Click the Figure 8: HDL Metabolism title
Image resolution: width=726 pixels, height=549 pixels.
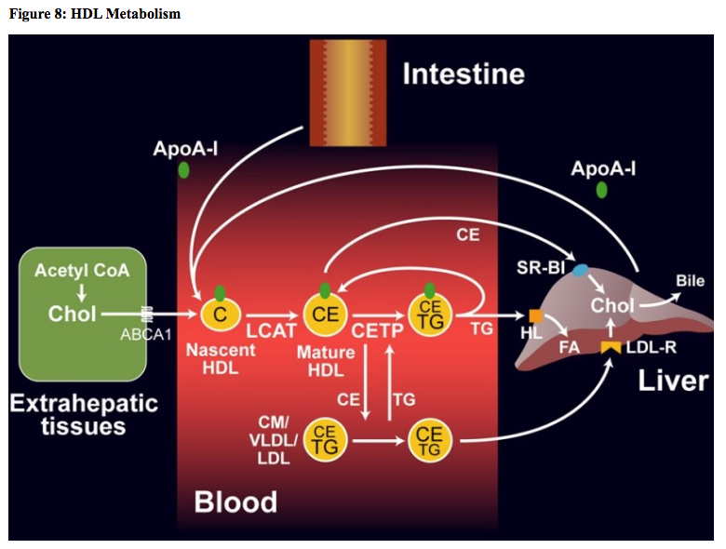(x=94, y=14)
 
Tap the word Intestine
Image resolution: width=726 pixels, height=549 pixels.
(x=463, y=74)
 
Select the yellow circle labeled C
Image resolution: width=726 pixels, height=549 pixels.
(x=220, y=315)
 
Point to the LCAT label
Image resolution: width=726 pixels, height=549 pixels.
(x=271, y=329)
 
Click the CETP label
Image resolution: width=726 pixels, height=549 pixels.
(x=377, y=329)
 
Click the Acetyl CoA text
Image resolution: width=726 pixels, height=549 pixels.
(x=82, y=271)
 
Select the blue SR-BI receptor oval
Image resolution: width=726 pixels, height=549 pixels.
(x=581, y=270)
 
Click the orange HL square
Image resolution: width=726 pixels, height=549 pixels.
(x=535, y=315)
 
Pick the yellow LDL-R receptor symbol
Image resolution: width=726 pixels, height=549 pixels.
(x=611, y=347)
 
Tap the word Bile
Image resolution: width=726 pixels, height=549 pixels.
(x=690, y=281)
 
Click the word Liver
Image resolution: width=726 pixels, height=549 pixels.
(x=673, y=381)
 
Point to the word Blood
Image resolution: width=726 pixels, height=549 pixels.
(x=235, y=502)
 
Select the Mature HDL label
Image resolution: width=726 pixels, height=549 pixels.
(x=325, y=361)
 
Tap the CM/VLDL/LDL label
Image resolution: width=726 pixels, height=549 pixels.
(x=276, y=440)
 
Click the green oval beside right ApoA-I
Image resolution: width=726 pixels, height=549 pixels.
(x=602, y=190)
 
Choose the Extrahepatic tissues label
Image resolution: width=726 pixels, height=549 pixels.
(x=84, y=415)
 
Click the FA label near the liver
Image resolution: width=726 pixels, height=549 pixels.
(x=569, y=347)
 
